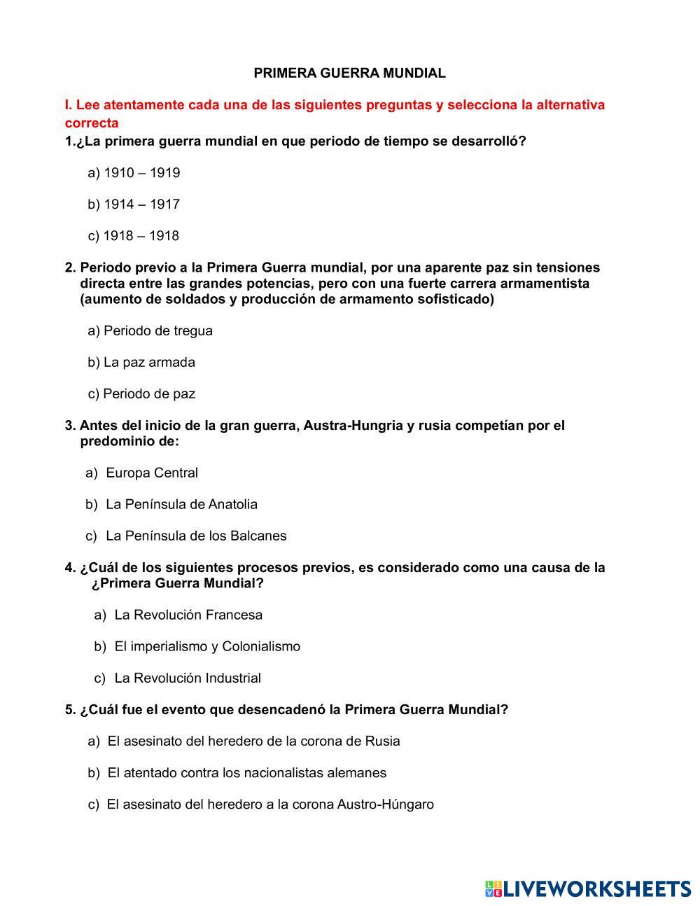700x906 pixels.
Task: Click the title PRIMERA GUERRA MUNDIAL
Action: (349, 73)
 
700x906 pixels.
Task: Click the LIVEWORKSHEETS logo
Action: (588, 888)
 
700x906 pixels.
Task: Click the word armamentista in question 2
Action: (544, 284)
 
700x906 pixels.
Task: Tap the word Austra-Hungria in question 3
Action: (353, 426)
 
